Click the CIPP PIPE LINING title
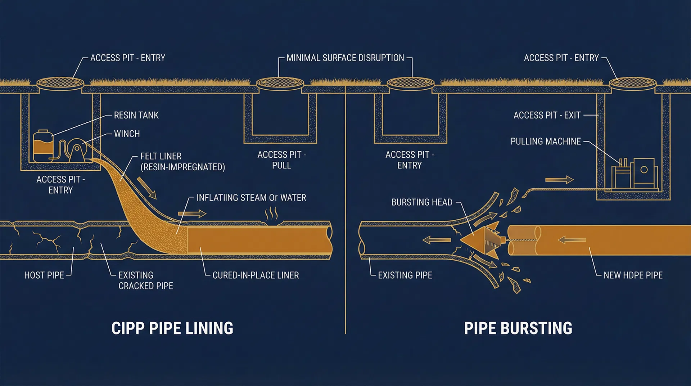[172, 328]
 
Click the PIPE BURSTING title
[518, 328]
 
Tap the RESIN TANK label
[136, 115]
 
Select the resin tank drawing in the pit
[43, 146]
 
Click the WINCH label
[127, 134]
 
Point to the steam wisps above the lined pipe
[271, 214]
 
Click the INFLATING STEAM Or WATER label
[251, 198]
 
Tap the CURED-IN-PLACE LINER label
[256, 275]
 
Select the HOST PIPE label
[44, 275]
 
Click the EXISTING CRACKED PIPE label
[145, 280]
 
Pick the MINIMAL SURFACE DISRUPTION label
[345, 58]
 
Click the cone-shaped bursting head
[480, 240]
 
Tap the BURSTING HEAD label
[422, 202]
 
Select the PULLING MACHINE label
[545, 142]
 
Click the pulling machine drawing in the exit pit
[635, 174]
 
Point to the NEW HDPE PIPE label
[633, 275]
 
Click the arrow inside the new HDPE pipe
[572, 240]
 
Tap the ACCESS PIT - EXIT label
[547, 115]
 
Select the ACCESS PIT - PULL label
[281, 160]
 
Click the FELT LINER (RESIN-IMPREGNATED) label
[182, 162]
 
